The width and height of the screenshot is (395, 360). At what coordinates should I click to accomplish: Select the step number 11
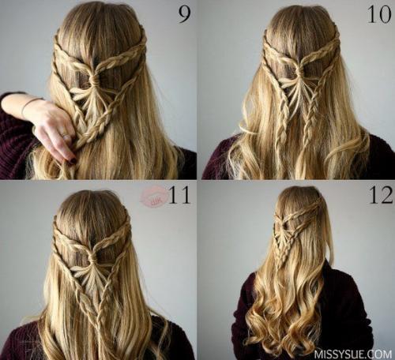pyautogui.click(x=179, y=195)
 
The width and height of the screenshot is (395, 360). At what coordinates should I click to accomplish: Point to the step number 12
pyautogui.click(x=381, y=195)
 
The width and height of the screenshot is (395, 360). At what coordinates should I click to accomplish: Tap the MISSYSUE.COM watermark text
pyautogui.click(x=352, y=353)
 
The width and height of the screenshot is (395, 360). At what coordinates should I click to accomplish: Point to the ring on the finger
pyautogui.click(x=65, y=135)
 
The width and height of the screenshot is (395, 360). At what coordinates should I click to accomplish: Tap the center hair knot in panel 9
pyautogui.click(x=94, y=80)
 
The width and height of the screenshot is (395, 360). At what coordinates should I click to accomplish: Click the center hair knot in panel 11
pyautogui.click(x=92, y=257)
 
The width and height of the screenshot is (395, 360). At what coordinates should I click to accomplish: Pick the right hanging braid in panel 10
pyautogui.click(x=309, y=118)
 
